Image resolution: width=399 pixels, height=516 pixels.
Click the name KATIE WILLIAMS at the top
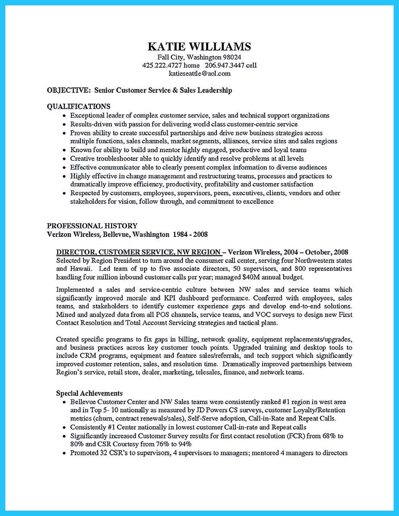(199, 46)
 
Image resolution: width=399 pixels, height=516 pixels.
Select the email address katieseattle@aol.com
(199, 74)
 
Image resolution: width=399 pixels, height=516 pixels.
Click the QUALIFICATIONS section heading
(78, 106)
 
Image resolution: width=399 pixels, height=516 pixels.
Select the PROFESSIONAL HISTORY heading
(92, 226)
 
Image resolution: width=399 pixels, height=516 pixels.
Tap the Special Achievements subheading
(89, 393)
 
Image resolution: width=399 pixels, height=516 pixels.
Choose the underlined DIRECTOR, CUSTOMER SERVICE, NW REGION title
(139, 252)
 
